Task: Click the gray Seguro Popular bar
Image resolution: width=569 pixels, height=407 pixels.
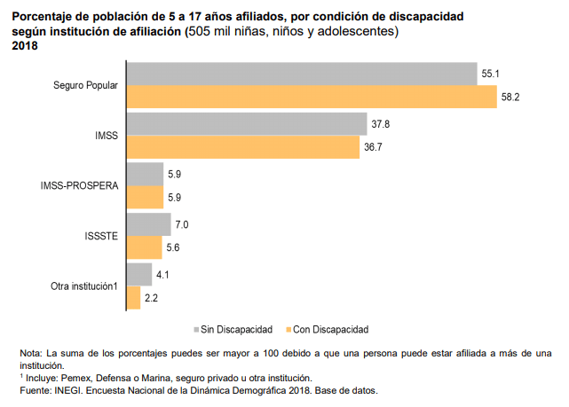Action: [x=302, y=74]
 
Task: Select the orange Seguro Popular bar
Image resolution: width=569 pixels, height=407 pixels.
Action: [x=312, y=96]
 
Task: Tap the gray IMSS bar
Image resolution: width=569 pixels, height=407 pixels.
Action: [x=247, y=124]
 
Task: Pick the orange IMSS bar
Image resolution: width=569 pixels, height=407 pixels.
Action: [x=243, y=146]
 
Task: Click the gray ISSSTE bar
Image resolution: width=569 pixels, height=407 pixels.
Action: [x=148, y=224]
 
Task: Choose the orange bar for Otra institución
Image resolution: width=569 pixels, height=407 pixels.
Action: [x=134, y=299]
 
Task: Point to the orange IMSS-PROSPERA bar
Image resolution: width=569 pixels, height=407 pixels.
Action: [x=145, y=197]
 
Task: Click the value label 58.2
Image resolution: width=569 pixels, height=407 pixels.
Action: [x=510, y=97]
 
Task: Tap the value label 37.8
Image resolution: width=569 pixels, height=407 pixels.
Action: [x=381, y=124]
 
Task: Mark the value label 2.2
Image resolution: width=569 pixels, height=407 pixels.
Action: [x=151, y=299]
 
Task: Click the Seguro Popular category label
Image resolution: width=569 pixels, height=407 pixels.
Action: [x=86, y=85]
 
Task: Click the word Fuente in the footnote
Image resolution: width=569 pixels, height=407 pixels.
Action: [x=36, y=390]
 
